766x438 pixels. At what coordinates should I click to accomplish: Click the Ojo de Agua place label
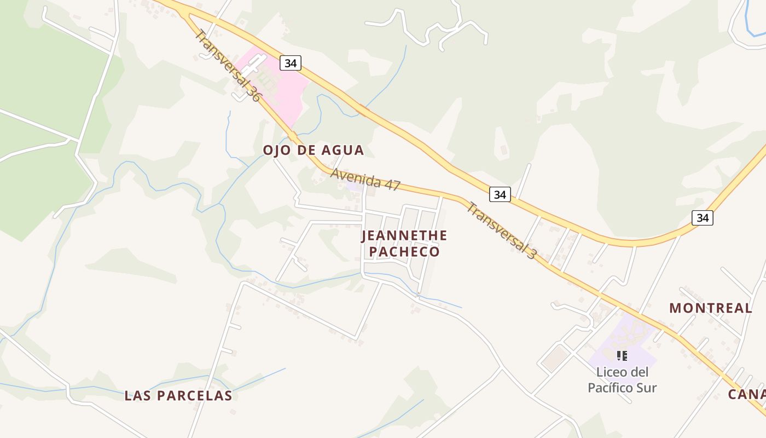click(x=313, y=150)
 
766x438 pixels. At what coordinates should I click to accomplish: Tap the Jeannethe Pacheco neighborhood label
click(x=404, y=244)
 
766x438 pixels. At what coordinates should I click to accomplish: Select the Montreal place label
click(x=710, y=308)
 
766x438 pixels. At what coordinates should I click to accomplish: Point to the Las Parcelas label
click(x=178, y=395)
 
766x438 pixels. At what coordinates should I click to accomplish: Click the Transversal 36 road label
click(x=228, y=65)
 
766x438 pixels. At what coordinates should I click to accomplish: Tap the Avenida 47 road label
click(x=365, y=180)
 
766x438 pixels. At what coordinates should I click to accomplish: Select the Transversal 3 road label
click(x=500, y=230)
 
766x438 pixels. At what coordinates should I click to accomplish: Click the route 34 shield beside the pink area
click(x=291, y=63)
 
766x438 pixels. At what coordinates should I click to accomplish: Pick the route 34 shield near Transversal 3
click(x=499, y=194)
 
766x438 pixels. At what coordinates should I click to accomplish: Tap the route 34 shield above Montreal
click(x=702, y=218)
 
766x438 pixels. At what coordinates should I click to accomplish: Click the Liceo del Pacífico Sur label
click(x=622, y=380)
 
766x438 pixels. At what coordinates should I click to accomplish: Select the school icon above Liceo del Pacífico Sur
click(x=622, y=356)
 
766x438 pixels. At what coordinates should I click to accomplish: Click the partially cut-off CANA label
click(x=746, y=395)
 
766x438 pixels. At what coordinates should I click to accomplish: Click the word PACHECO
click(x=404, y=252)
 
